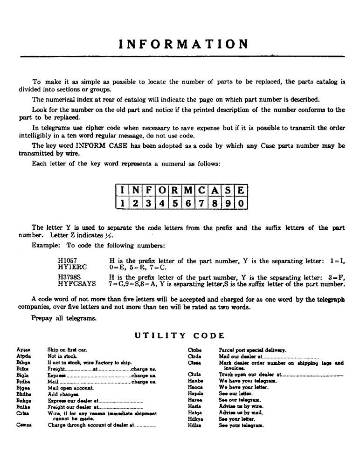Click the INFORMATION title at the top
pyautogui.click(x=183, y=44)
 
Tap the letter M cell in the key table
pyautogui.click(x=188, y=191)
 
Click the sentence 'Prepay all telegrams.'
pyautogui.click(x=64, y=319)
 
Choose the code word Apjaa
pyautogui.click(x=23, y=350)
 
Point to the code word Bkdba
pyautogui.click(x=24, y=393)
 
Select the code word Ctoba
pyautogui.click(x=194, y=350)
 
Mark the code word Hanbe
pyautogui.click(x=194, y=381)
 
